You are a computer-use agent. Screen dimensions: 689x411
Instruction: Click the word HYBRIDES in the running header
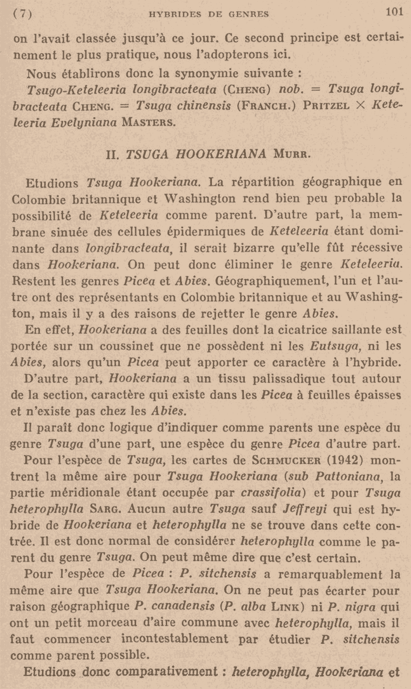(175, 14)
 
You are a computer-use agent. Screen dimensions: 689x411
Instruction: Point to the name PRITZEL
(327, 106)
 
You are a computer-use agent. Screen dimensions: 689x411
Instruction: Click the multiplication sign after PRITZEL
(360, 105)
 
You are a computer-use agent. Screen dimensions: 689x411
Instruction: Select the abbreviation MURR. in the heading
(292, 154)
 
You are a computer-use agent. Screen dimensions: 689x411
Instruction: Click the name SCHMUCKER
(285, 460)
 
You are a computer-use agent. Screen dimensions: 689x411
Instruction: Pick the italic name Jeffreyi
(305, 509)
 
